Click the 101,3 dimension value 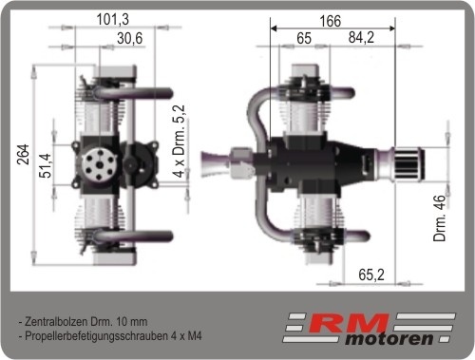point(113,19)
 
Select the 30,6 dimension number point(130,39)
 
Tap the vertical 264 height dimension point(23,155)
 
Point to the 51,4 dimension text point(45,165)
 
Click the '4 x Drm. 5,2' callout point(179,142)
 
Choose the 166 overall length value point(331,21)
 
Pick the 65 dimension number point(304,38)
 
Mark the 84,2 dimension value point(361,37)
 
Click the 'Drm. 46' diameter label point(440,218)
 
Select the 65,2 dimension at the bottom point(371,275)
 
